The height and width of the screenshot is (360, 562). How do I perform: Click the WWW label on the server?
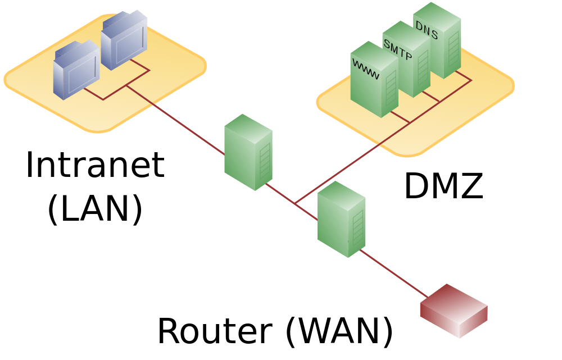click(365, 69)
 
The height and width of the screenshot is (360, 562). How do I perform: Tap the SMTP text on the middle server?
click(397, 49)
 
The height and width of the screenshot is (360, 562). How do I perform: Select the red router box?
click(454, 311)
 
